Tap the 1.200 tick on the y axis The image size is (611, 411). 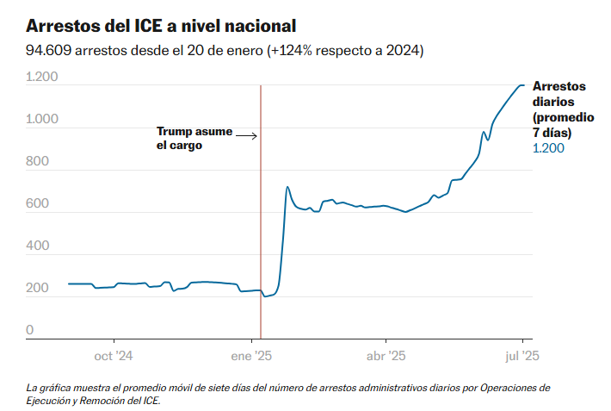click(x=41, y=78)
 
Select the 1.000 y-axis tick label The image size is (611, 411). click(x=41, y=120)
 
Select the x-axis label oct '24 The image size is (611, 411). click(x=114, y=355)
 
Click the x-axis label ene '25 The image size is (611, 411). click(x=253, y=355)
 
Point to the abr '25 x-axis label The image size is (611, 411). click(x=386, y=355)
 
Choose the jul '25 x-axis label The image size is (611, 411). click(x=522, y=355)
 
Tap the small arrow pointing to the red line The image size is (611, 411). click(x=247, y=135)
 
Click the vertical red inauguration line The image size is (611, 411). click(x=260, y=215)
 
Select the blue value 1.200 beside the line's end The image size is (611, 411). click(x=549, y=148)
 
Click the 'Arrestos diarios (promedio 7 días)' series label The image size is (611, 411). click(x=559, y=109)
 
